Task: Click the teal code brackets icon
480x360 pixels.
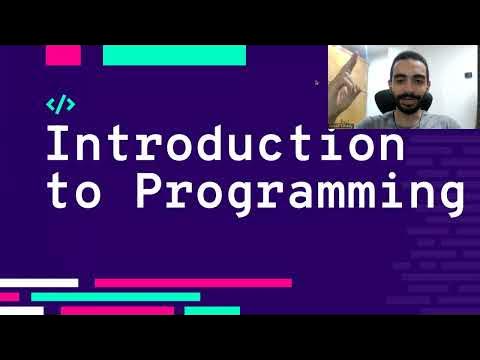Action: pyautogui.click(x=61, y=103)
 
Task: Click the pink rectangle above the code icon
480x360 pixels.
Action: pyautogui.click(x=63, y=56)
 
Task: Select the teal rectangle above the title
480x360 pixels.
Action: pyautogui.click(x=174, y=56)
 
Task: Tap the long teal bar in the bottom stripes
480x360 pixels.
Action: pyautogui.click(x=115, y=297)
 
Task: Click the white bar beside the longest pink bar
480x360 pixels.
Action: pyautogui.click(x=39, y=283)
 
